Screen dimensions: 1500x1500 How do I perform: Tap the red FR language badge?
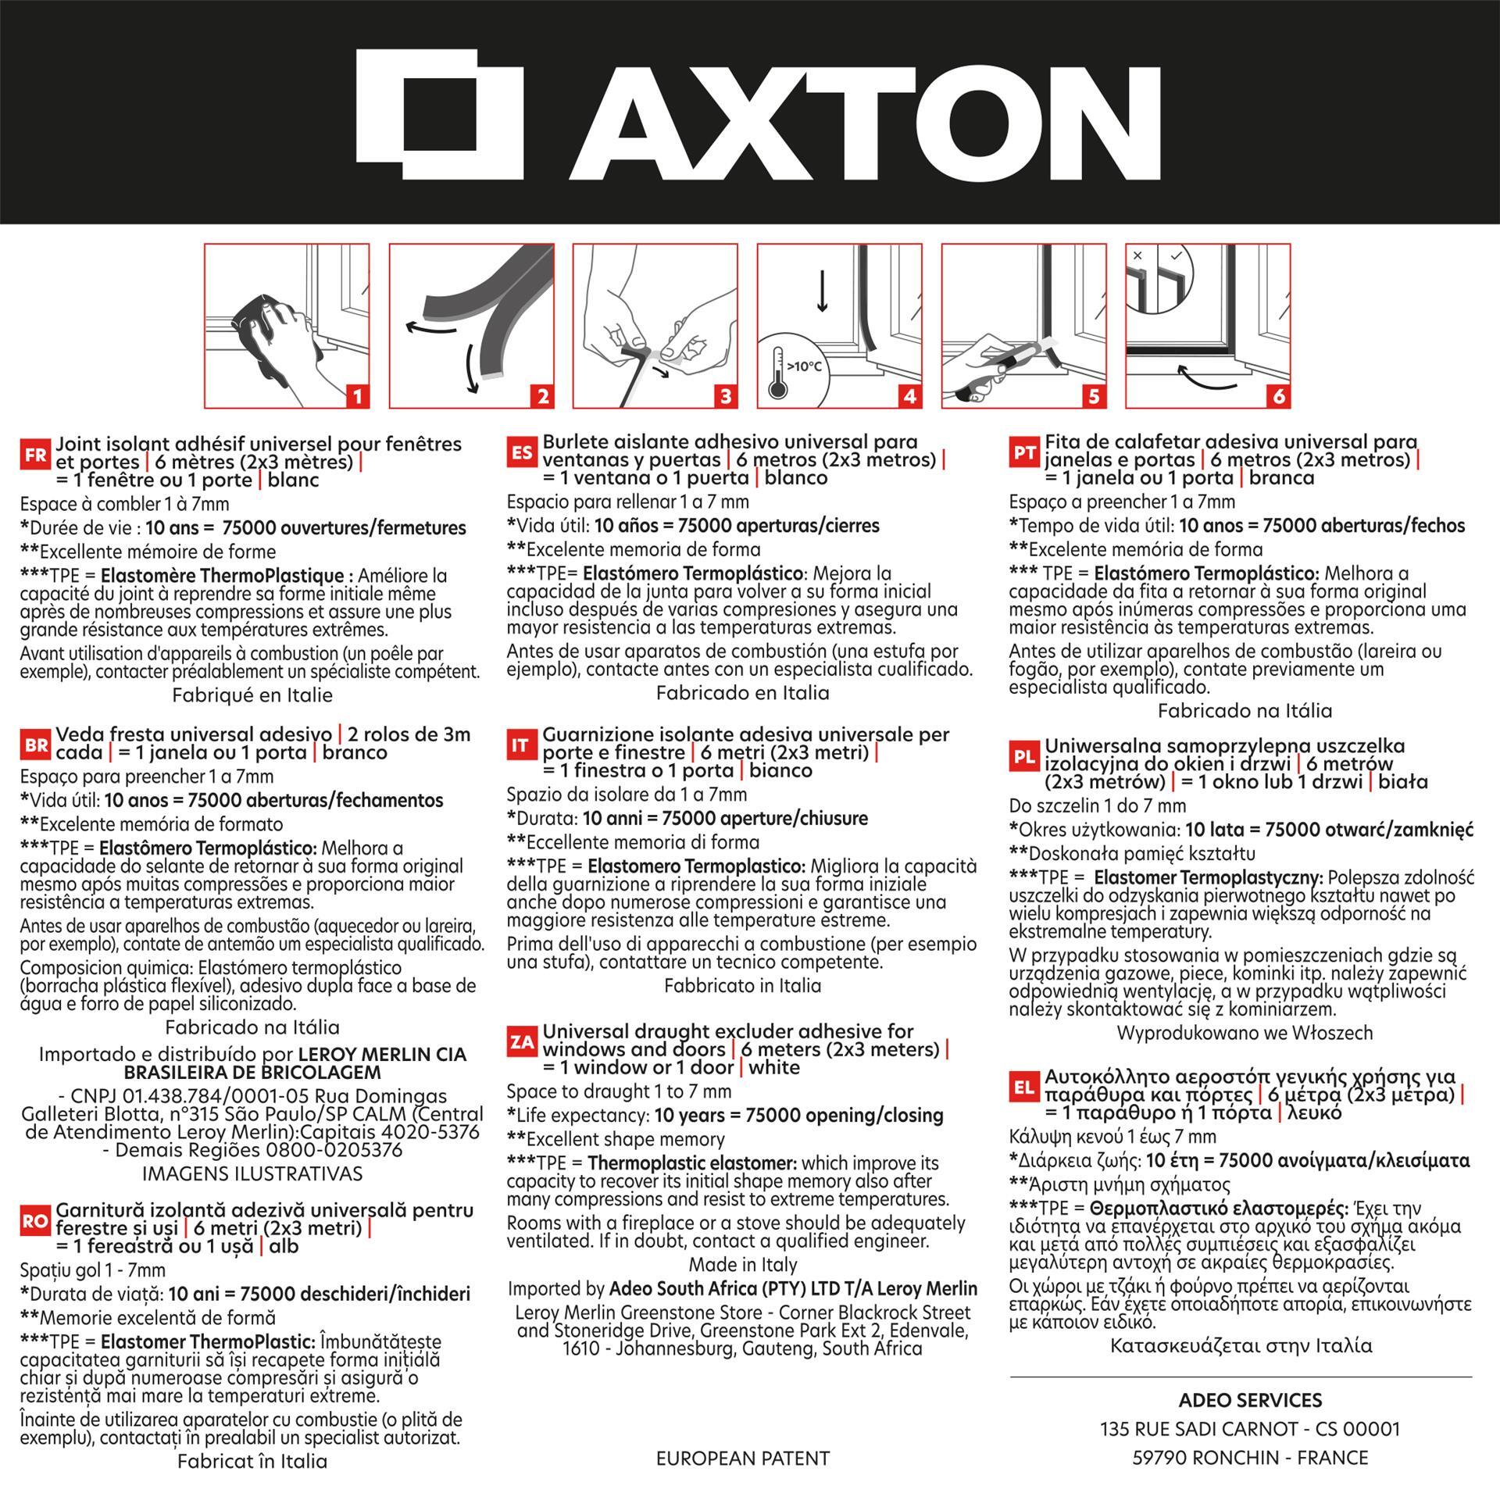(x=36, y=455)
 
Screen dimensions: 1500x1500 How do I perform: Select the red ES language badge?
(x=523, y=452)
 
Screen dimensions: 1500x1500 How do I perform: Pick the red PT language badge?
(x=1024, y=452)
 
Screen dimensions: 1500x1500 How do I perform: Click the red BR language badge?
(x=36, y=745)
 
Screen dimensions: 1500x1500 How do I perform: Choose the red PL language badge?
(x=1024, y=756)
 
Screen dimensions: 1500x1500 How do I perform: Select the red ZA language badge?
(x=522, y=1042)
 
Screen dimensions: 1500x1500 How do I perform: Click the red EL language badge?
(x=1024, y=1087)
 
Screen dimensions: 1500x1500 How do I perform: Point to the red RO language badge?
(x=36, y=1221)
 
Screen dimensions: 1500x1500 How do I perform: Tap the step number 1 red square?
(x=357, y=396)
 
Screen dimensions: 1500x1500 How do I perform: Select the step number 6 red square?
(x=1278, y=396)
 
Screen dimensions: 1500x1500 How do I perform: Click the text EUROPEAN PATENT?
(x=743, y=1458)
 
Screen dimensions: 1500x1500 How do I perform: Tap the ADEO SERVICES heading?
(x=1250, y=1400)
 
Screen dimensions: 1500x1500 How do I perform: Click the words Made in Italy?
(x=743, y=1264)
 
